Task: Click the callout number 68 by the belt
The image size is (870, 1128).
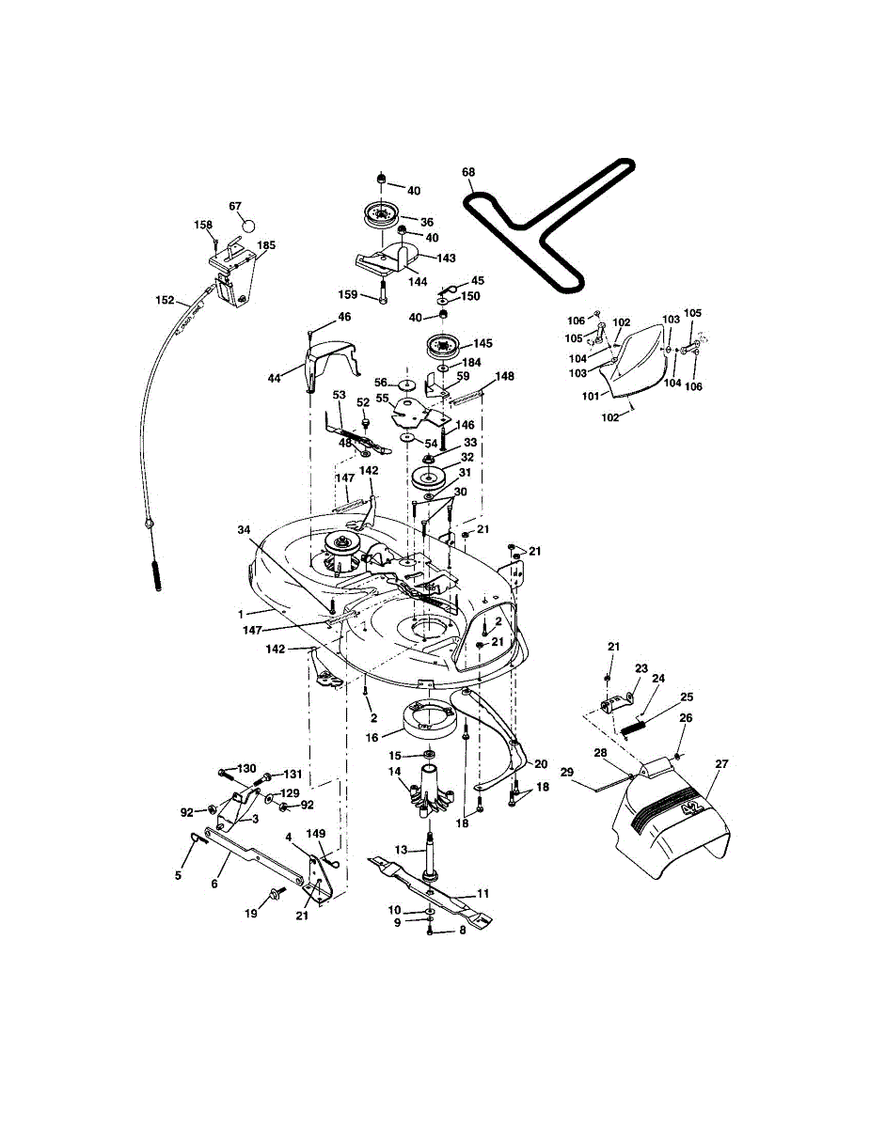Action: coord(468,172)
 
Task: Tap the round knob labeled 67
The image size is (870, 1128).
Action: coord(248,225)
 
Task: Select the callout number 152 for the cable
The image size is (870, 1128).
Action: coord(165,301)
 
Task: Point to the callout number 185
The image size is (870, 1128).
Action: coord(266,246)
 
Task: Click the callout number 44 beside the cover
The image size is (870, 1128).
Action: coord(275,378)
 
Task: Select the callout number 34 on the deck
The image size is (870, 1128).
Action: coord(244,530)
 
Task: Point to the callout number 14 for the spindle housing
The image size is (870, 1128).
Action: coord(395,771)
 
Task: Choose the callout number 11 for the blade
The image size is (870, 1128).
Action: coord(483,893)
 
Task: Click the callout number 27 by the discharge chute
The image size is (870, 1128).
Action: coord(721,764)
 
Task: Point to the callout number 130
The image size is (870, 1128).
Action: coord(245,769)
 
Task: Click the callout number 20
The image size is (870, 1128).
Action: coord(541,763)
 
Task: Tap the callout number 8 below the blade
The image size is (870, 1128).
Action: coord(461,931)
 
